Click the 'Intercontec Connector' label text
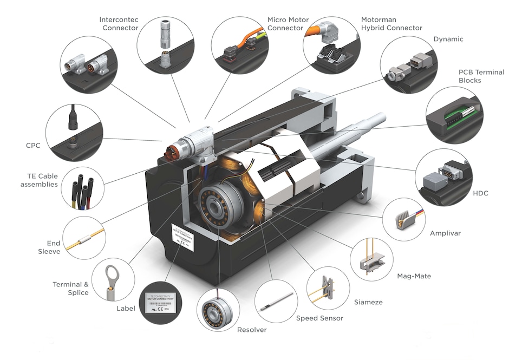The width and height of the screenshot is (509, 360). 119,24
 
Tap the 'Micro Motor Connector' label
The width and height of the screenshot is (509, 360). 288,24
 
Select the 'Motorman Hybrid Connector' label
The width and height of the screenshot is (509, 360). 391,24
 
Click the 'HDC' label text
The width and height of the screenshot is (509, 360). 480,193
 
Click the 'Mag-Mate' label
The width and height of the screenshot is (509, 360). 414,276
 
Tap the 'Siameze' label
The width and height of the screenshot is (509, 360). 368,302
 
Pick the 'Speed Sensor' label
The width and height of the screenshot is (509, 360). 319,318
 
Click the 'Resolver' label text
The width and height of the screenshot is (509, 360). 252,330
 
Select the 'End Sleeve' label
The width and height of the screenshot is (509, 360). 49,247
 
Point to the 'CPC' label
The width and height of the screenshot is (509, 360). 34,146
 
